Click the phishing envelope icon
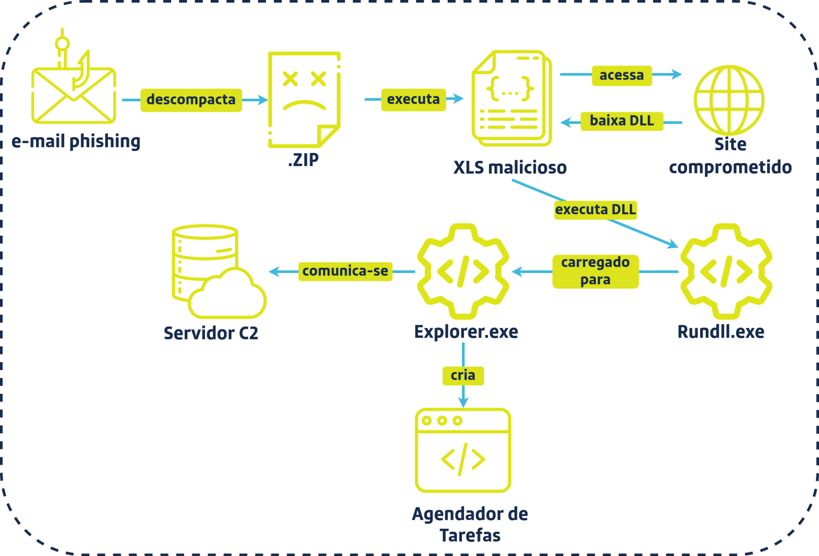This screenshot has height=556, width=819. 74,96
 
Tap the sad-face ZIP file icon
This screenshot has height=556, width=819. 304,99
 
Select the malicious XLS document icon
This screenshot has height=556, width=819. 511,98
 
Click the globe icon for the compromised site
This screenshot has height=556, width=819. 729,100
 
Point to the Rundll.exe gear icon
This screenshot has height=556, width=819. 726,271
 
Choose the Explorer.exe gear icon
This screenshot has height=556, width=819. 463,271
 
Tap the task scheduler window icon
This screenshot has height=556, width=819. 463,450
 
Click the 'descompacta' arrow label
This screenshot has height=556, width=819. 191,100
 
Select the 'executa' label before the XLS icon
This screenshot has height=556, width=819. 413,99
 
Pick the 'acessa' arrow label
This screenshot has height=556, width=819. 621,75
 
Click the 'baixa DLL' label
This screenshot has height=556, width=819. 621,121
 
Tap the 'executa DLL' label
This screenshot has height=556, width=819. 595,210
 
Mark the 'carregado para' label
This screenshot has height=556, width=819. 595,271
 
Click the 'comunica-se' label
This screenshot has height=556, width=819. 345,271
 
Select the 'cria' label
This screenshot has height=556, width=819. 463,375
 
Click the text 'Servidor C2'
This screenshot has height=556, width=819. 211,333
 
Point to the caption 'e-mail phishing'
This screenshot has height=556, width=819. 76,141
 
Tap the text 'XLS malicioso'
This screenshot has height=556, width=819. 510,167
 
